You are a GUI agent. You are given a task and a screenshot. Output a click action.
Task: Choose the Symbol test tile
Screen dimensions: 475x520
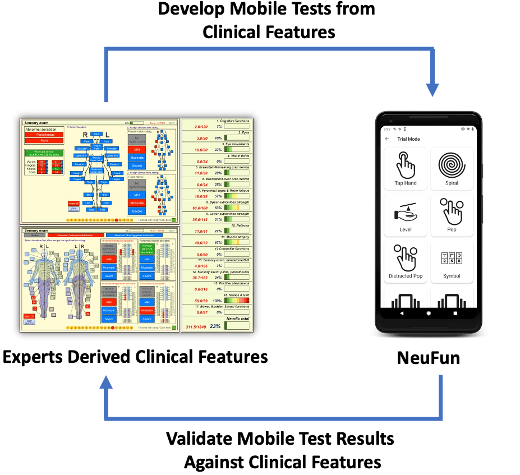click(x=452, y=261)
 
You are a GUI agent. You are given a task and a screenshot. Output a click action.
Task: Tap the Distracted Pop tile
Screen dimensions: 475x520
click(x=406, y=261)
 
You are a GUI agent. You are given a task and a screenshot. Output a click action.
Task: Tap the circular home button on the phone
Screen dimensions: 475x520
click(x=429, y=313)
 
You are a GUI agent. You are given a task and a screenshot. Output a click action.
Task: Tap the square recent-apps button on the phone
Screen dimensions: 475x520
click(x=455, y=313)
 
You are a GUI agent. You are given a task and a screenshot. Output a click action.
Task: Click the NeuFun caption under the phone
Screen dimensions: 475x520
click(x=429, y=358)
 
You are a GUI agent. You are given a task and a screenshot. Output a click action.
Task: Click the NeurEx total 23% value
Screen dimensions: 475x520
click(x=215, y=326)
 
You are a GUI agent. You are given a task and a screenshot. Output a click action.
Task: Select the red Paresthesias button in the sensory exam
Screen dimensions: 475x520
click(x=42, y=135)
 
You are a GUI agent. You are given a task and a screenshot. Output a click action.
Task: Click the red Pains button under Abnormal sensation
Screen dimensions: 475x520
click(x=42, y=141)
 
